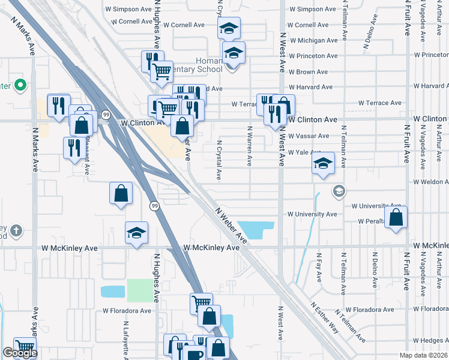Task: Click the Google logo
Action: (x=19, y=353)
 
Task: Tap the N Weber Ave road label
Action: (x=232, y=226)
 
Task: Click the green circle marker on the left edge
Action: (x=20, y=85)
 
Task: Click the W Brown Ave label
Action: (x=308, y=71)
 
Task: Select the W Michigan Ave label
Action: (x=312, y=40)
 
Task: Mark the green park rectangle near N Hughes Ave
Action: (x=140, y=290)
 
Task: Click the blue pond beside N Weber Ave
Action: (x=258, y=229)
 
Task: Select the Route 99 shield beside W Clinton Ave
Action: (x=106, y=115)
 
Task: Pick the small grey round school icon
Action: (x=339, y=191)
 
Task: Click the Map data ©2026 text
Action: (x=423, y=355)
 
